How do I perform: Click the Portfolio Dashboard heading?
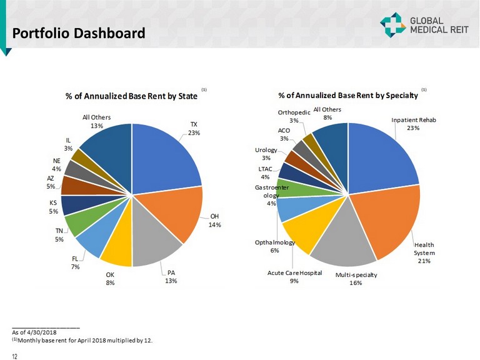pyautogui.click(x=79, y=32)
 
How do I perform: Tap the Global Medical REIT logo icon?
pyautogui.click(x=392, y=24)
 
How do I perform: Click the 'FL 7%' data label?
pyautogui.click(x=75, y=262)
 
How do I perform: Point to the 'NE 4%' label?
pyautogui.click(x=56, y=165)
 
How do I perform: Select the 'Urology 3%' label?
pyautogui.click(x=266, y=154)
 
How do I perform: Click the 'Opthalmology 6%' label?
pyautogui.click(x=274, y=246)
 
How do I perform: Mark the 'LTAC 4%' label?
pyautogui.click(x=265, y=172)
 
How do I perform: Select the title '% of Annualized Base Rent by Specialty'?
pyautogui.click(x=347, y=95)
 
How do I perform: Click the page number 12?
pyautogui.click(x=14, y=356)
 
